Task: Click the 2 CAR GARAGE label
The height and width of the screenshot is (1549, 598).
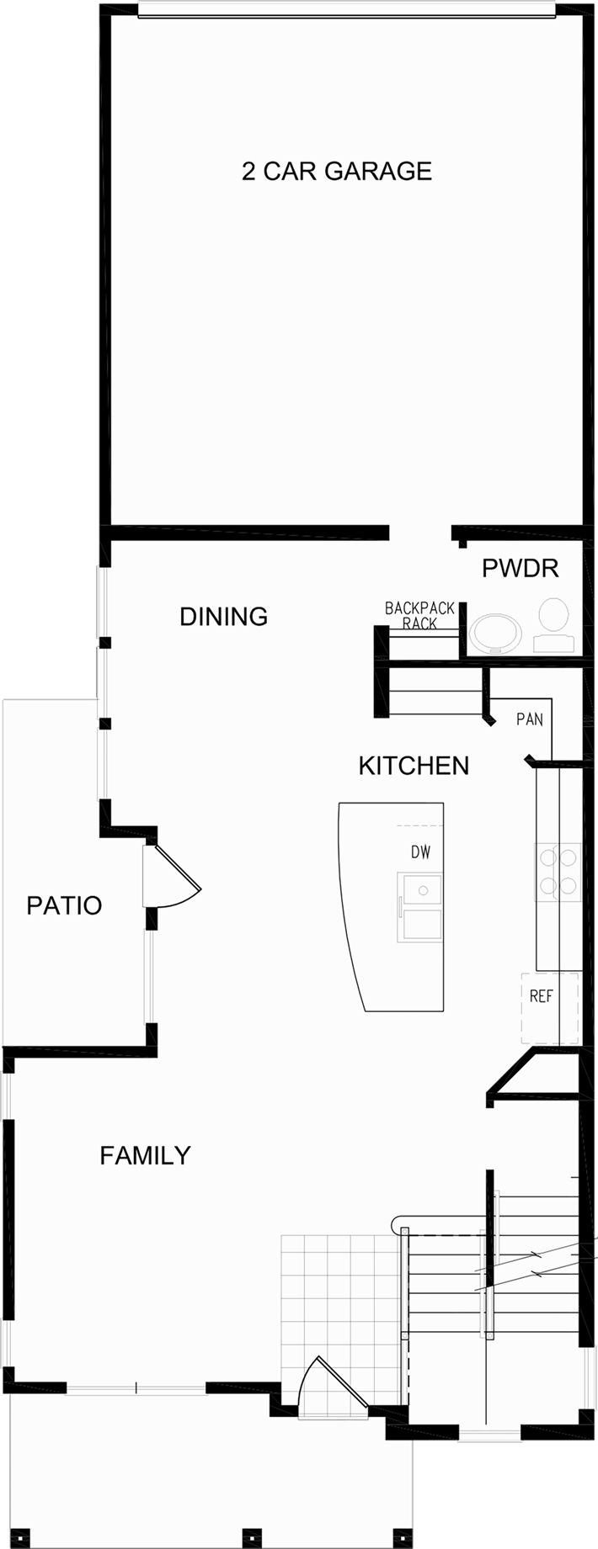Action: tap(337, 171)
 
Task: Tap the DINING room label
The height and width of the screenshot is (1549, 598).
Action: tap(224, 617)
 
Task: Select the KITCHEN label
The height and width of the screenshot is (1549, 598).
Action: tap(414, 766)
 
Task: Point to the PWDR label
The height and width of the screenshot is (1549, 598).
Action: tap(521, 569)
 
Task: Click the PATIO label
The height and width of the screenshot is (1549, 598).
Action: tap(64, 905)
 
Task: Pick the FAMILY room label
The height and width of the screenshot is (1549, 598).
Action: tap(145, 1155)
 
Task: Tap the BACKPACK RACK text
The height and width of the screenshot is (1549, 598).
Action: tap(419, 615)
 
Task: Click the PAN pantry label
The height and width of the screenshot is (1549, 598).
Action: tap(530, 719)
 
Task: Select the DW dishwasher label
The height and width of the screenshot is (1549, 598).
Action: tap(420, 852)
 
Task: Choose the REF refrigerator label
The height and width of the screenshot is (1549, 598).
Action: tap(541, 996)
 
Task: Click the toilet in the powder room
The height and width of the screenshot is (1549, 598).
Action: tap(553, 626)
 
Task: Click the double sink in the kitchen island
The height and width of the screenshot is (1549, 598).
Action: tap(420, 907)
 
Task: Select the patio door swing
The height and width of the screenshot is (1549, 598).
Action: tap(173, 875)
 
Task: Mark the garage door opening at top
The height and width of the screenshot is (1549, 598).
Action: tap(347, 9)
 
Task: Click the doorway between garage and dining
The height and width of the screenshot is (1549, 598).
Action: tap(420, 532)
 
